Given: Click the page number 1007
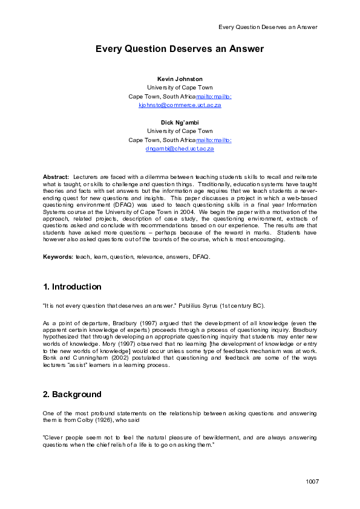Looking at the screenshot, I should pos(312,481).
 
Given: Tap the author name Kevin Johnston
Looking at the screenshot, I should pos(180,79).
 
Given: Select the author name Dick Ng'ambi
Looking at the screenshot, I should pos(180,123).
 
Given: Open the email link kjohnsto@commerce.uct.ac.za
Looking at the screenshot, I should pos(180,105).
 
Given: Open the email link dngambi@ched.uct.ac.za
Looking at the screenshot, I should pos(180,148).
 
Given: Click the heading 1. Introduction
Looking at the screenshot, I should pos(72,287).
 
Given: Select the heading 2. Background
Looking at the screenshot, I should pos(72,394).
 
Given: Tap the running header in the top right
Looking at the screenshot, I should pos(267,27).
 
